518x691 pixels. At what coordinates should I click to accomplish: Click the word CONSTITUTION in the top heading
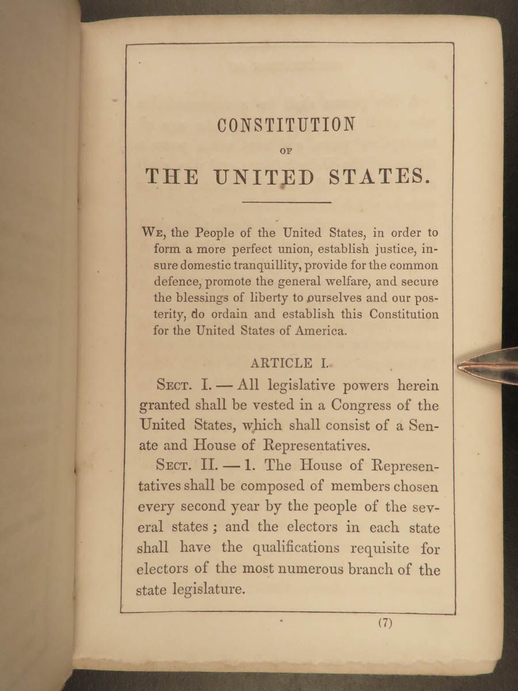(x=286, y=124)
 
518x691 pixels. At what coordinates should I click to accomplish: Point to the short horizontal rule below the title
(x=287, y=202)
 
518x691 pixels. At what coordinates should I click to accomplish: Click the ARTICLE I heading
(x=288, y=363)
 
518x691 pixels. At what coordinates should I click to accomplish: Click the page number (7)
(x=386, y=623)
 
